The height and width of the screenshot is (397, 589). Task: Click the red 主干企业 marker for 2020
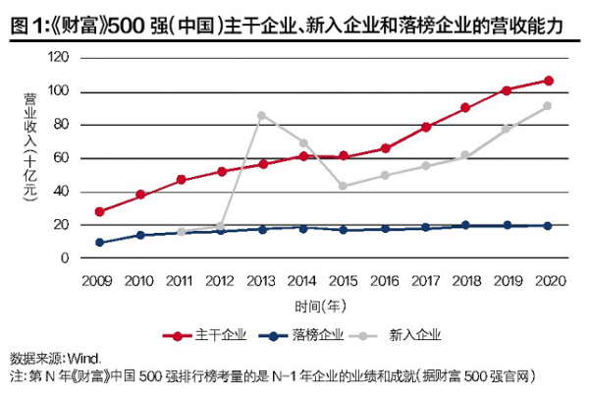click(548, 81)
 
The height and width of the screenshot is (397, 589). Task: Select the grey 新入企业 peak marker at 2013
click(262, 115)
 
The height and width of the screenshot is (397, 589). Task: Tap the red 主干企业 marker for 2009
click(99, 211)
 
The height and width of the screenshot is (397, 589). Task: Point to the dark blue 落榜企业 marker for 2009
click(99, 242)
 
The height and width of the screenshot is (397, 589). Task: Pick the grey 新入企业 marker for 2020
click(548, 106)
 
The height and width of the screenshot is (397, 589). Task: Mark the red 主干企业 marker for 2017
click(426, 127)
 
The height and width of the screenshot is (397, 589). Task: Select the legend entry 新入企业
click(417, 335)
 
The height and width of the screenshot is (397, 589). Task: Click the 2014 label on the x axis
click(303, 281)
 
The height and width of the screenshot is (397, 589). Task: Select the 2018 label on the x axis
click(466, 281)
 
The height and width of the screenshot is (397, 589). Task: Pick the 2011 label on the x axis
click(181, 281)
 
